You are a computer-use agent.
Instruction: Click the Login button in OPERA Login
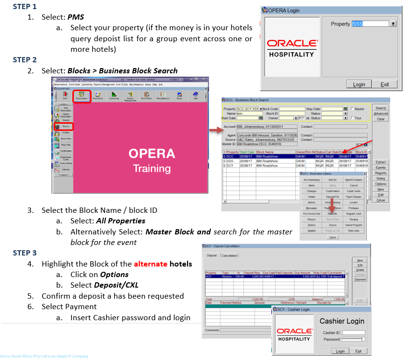359,84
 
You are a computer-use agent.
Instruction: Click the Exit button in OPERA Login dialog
385,84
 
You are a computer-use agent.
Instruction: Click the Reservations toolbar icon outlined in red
81,96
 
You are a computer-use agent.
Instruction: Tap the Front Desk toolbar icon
98,96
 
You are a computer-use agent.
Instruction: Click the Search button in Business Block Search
381,108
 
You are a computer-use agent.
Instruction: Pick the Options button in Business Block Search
381,184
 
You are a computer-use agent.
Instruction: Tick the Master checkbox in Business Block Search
352,109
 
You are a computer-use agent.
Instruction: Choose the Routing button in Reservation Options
354,219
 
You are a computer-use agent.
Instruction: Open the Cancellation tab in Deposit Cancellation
229,255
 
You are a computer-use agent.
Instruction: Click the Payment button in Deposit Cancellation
360,279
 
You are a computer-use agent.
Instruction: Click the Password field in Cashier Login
352,339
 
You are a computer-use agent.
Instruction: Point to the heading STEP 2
24,60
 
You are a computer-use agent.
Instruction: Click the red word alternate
151,264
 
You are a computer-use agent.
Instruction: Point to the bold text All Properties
120,221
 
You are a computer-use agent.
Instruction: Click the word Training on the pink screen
152,168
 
